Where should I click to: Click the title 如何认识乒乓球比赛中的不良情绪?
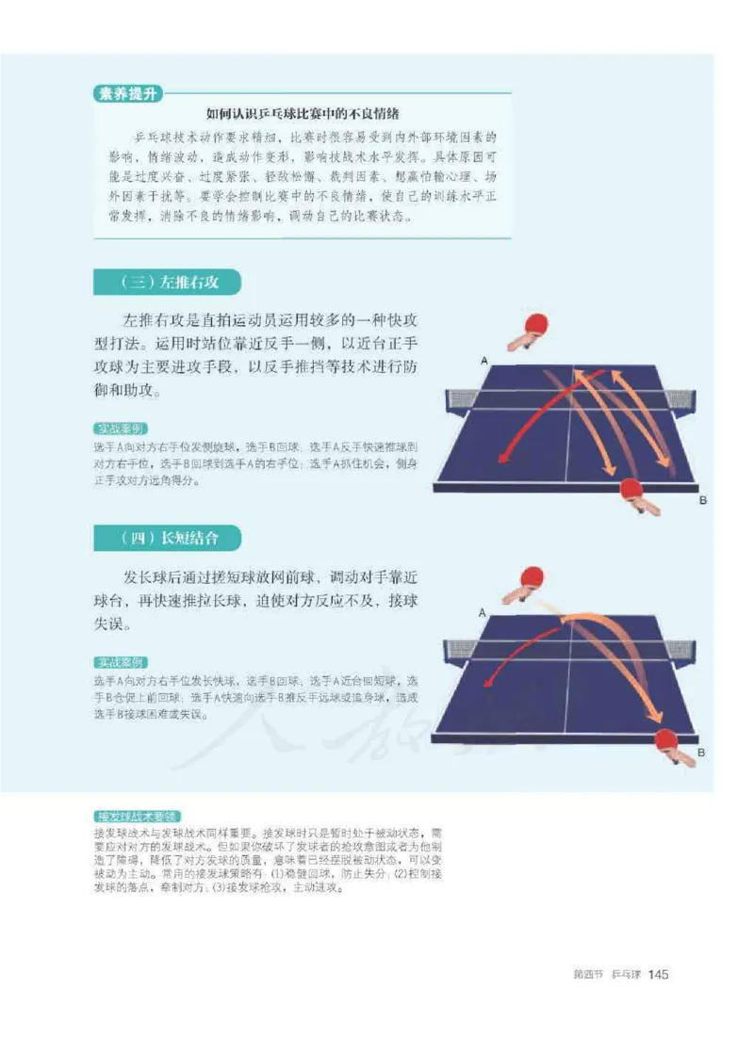[303, 113]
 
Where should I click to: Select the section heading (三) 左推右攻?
[168, 282]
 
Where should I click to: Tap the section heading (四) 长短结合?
[168, 538]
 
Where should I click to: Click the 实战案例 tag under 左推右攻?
[121, 428]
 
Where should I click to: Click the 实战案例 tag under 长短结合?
[121, 663]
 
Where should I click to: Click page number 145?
[658, 974]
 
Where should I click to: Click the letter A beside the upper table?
[484, 361]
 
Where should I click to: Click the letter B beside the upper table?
[702, 501]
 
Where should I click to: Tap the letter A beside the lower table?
[482, 613]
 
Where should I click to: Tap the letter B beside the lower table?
[702, 753]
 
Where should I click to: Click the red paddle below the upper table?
[632, 490]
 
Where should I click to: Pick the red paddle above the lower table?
[533, 576]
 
